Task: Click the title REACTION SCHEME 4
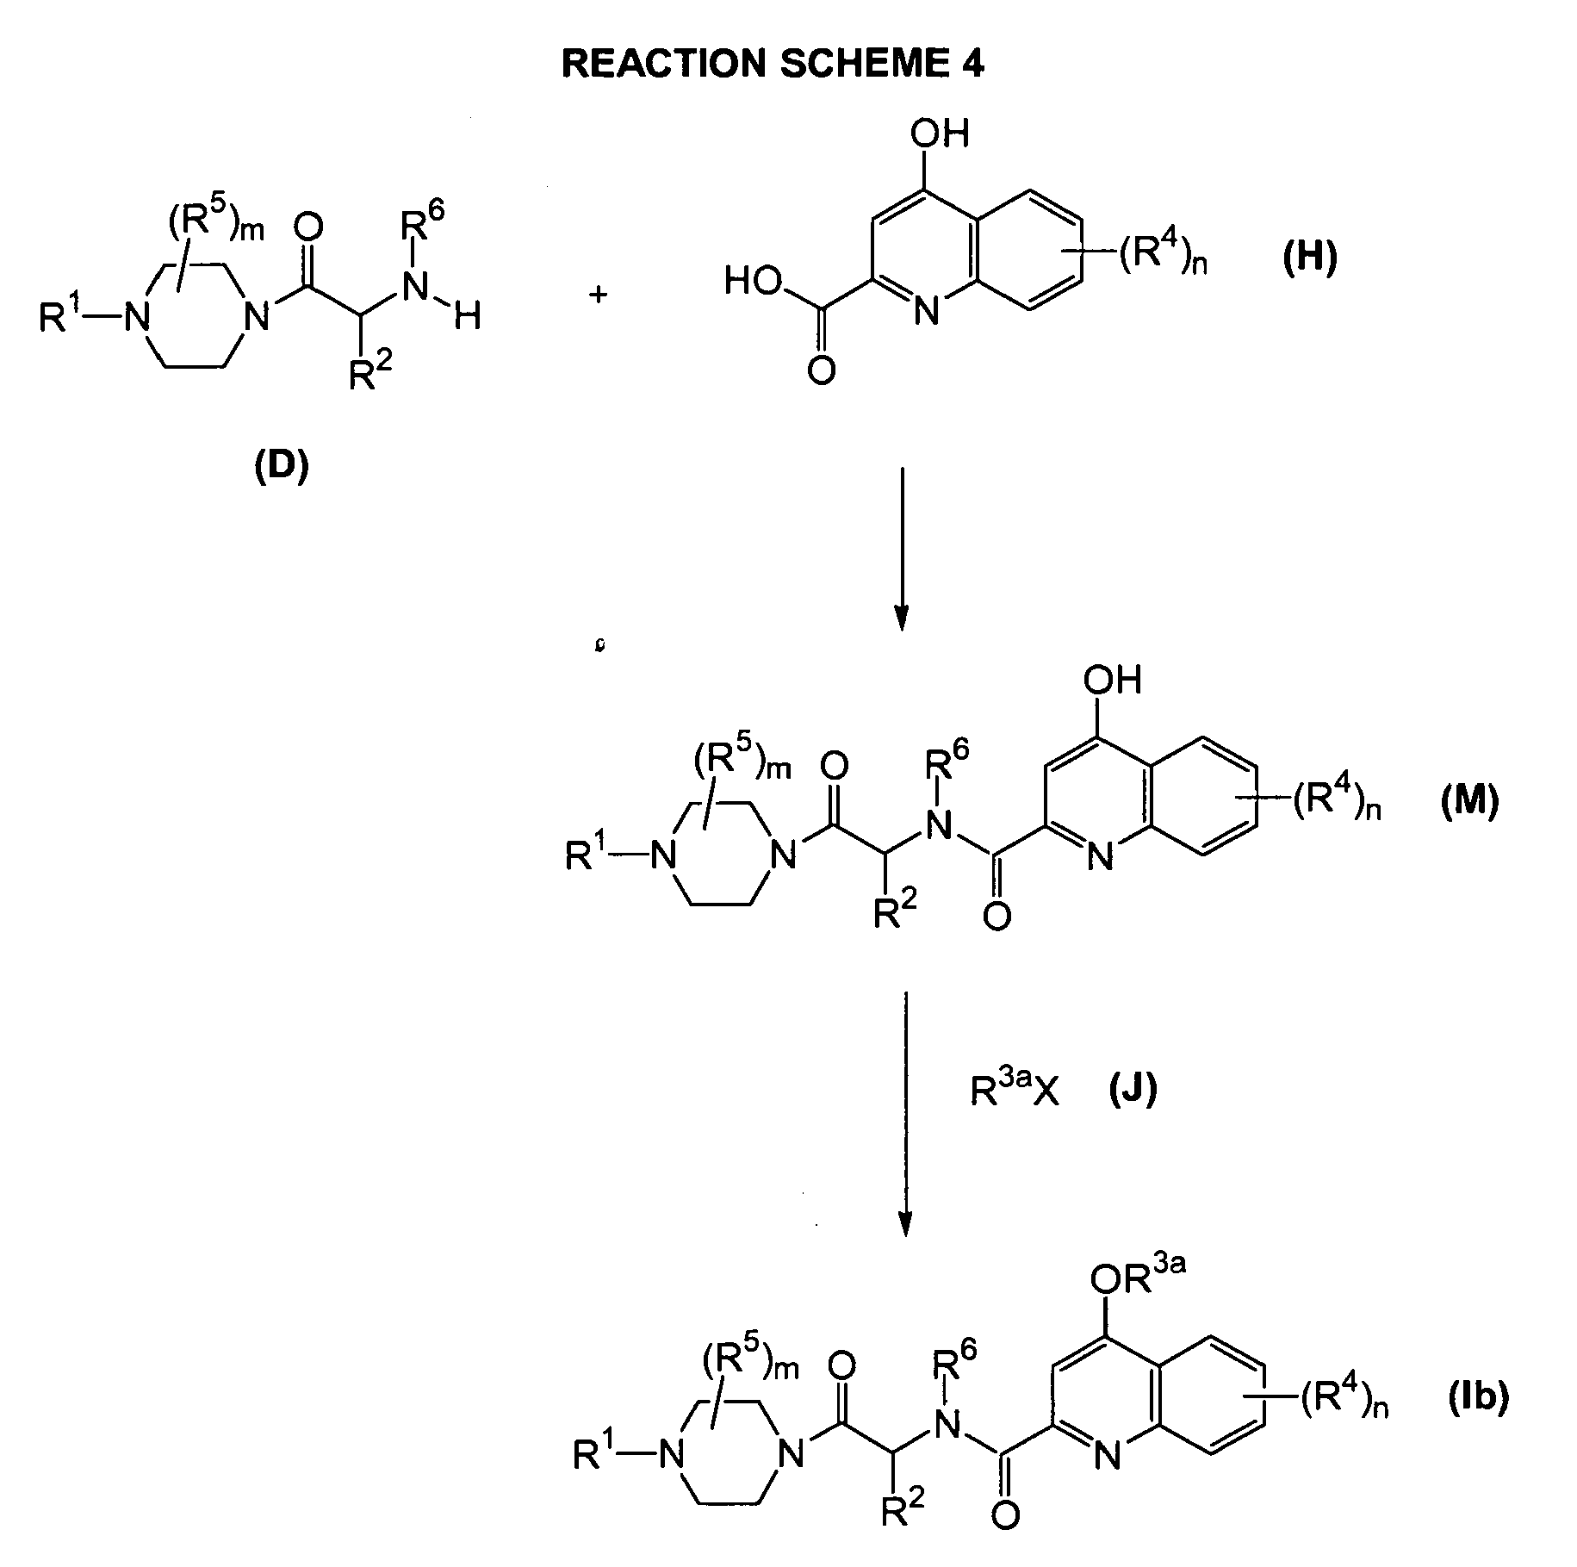(x=772, y=65)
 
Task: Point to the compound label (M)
(x=1469, y=801)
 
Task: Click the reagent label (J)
(x=1133, y=1091)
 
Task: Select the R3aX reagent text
(x=1014, y=1091)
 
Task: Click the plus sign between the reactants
(x=598, y=295)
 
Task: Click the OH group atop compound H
(x=943, y=134)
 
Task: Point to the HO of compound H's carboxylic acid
(x=753, y=281)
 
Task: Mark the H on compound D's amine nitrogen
(x=468, y=318)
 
